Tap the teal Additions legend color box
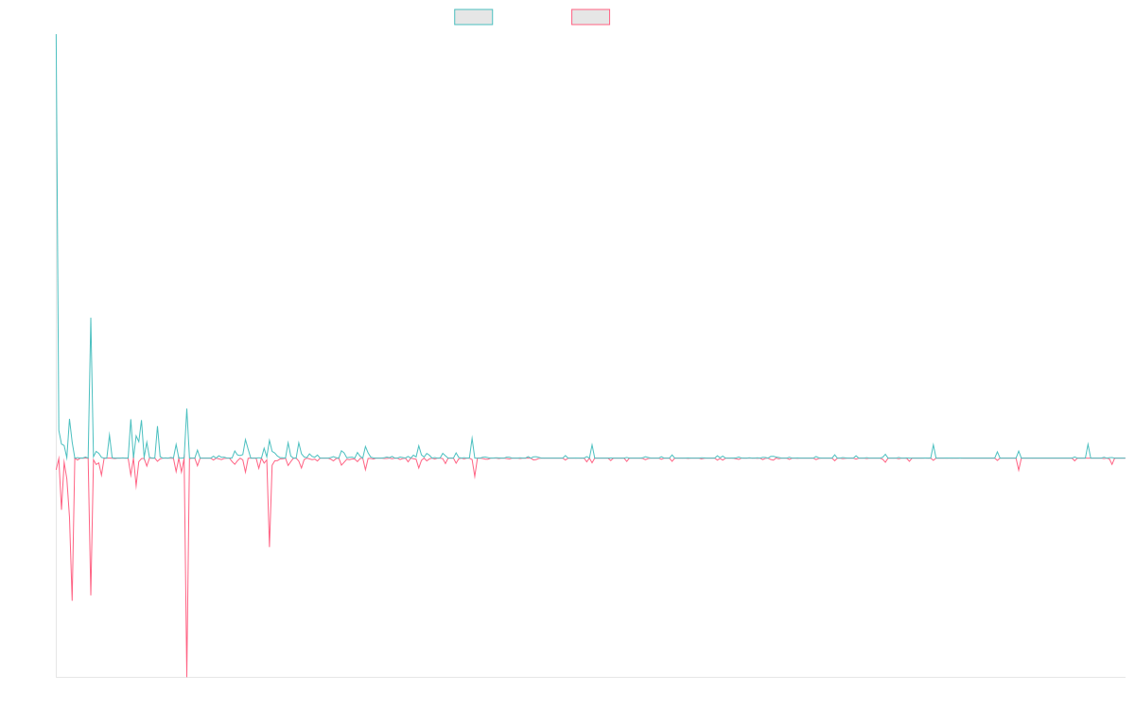(474, 17)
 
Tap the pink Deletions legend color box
(591, 17)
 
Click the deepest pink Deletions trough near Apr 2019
(187, 675)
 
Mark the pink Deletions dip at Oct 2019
(269, 546)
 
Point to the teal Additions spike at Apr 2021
(472, 437)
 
